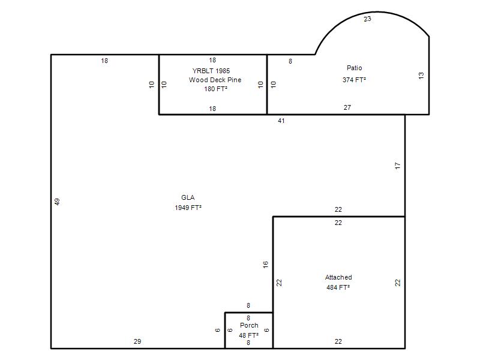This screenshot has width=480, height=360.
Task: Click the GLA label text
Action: (188, 197)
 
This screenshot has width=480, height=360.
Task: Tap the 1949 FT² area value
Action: (188, 208)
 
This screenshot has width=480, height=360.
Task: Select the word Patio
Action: (354, 68)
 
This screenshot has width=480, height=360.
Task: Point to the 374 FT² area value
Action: (354, 80)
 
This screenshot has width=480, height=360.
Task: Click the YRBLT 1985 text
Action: (211, 71)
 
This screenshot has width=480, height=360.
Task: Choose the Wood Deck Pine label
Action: (215, 80)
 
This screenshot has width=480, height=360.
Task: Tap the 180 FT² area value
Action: (215, 89)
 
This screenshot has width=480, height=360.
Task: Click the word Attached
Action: (338, 277)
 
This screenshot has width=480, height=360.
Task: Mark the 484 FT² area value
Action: (338, 287)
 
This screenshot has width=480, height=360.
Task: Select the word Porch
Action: (249, 325)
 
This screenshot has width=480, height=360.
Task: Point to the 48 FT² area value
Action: (248, 335)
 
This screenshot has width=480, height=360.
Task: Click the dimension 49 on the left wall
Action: (57, 202)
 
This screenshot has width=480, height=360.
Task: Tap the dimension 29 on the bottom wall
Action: (137, 341)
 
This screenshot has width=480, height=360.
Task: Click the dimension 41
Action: (281, 121)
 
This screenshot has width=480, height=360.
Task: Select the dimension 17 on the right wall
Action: (398, 166)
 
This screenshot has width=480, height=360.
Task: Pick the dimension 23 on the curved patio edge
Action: (367, 19)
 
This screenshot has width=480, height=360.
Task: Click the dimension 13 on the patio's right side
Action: (421, 76)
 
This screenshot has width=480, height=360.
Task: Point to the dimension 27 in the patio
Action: (347, 107)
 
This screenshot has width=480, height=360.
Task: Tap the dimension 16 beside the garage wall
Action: (265, 265)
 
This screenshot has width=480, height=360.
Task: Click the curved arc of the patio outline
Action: (376, 12)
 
